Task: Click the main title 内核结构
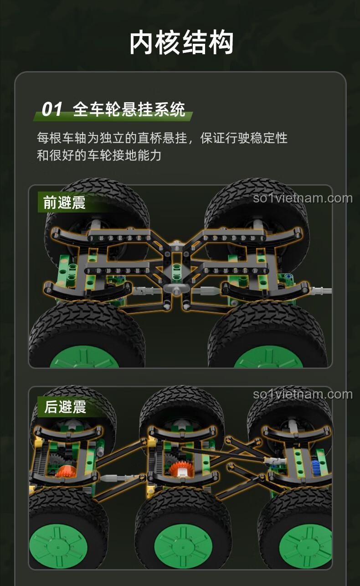(x=181, y=42)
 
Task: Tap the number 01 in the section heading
(x=52, y=109)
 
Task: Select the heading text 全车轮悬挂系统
(x=129, y=109)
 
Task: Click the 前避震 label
(x=64, y=202)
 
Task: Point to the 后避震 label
(x=65, y=407)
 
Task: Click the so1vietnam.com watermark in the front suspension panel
(x=303, y=198)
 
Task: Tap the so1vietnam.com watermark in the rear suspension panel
(x=303, y=394)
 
